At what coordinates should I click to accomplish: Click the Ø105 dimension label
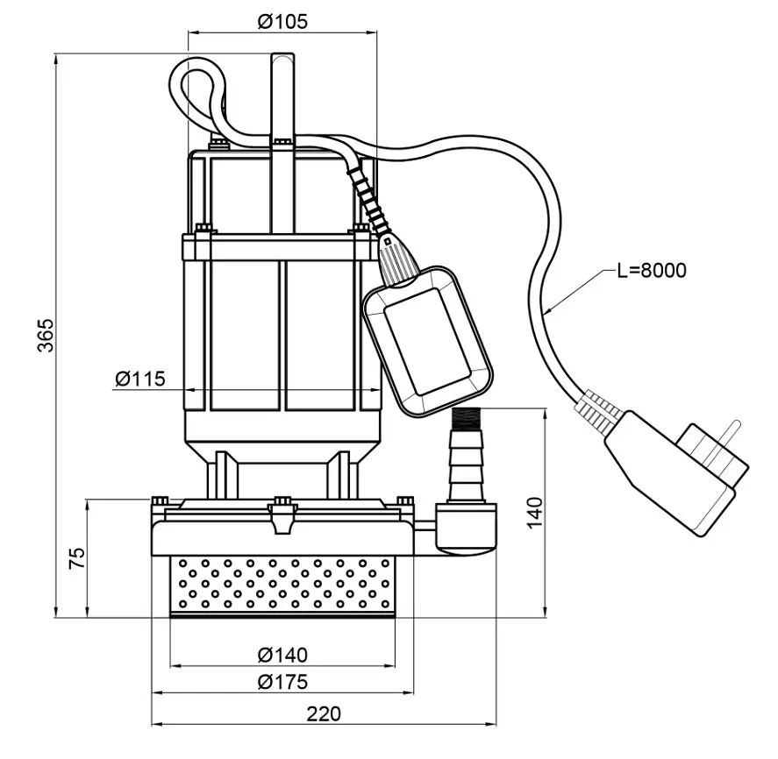click(x=282, y=21)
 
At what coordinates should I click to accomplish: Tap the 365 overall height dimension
click(x=46, y=335)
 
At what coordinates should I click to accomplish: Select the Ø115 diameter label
click(x=140, y=379)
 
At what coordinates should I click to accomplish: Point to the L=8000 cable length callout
click(x=652, y=271)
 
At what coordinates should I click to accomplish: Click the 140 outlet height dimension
click(x=535, y=513)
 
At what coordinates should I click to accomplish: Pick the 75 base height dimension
click(x=77, y=558)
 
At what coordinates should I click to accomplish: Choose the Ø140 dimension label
click(x=282, y=656)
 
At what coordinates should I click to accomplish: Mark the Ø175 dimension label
click(x=282, y=682)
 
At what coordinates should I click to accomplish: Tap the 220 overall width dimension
click(x=324, y=714)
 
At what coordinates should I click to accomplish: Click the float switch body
click(x=428, y=341)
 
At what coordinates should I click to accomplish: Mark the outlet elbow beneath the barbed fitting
click(x=466, y=528)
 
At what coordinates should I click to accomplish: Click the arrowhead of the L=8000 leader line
click(x=546, y=312)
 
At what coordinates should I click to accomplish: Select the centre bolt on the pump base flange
click(x=282, y=500)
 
